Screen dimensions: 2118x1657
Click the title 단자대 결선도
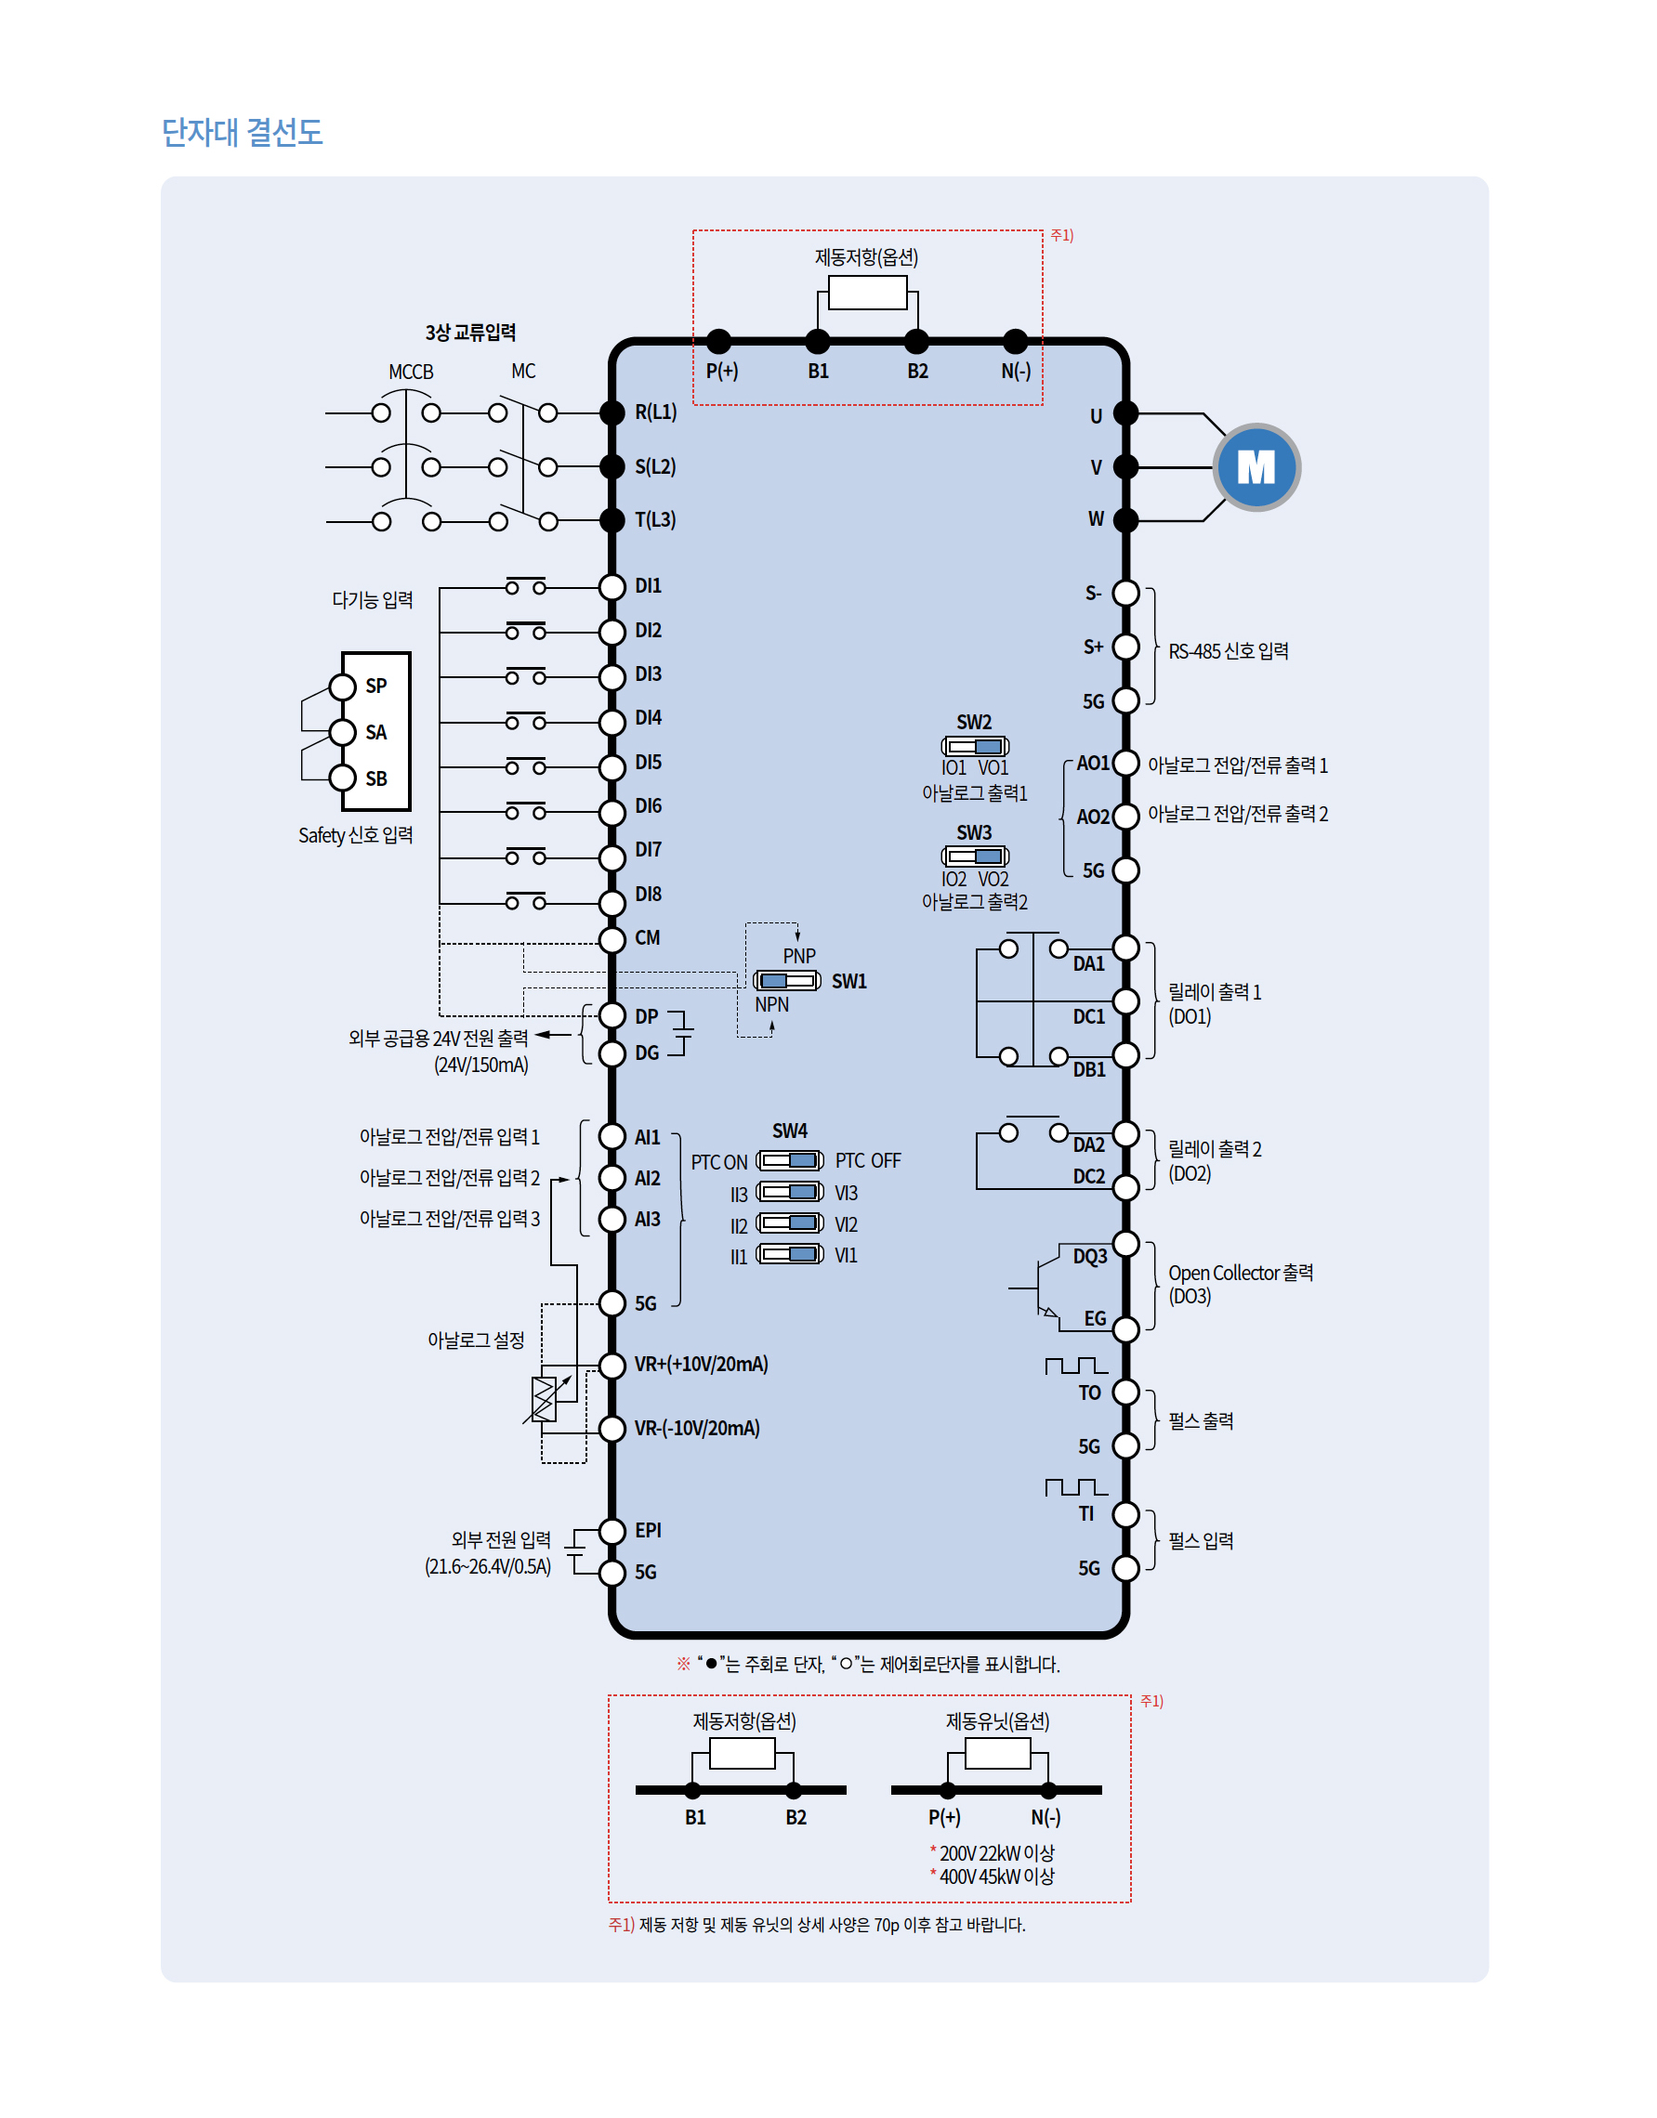(242, 132)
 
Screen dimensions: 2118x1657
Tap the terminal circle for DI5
(612, 767)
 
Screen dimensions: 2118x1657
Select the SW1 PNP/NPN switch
(787, 980)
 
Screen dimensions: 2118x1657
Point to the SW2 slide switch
(975, 746)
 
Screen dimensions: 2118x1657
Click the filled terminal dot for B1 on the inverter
(818, 341)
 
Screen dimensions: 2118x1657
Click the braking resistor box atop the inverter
(867, 292)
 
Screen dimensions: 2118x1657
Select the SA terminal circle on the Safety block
(343, 732)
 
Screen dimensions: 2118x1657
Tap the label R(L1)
(656, 412)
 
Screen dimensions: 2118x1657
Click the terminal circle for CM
(612, 939)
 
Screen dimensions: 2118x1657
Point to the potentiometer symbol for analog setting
(546, 1399)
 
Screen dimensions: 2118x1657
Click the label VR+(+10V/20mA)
(701, 1365)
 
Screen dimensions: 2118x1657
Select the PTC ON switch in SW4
(790, 1161)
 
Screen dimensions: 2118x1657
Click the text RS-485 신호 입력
(1229, 652)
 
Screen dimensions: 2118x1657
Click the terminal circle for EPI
(612, 1530)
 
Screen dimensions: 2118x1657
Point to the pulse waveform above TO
(1076, 1366)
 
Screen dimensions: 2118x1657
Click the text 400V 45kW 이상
(996, 1876)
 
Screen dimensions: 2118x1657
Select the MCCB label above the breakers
(411, 373)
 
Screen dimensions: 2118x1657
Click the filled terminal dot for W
(1125, 520)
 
